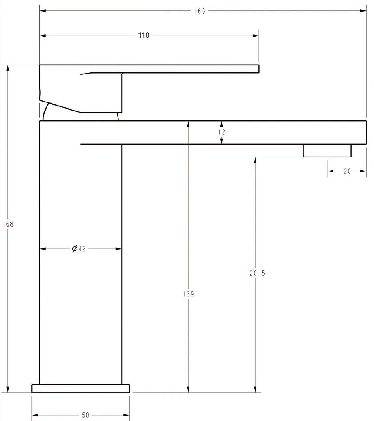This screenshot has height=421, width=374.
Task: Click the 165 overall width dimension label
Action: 199,11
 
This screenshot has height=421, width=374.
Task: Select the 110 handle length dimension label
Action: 144,36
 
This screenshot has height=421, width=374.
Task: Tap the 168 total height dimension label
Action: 8,224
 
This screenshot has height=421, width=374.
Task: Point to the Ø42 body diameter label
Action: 79,249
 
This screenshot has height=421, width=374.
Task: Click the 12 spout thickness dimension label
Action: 222,132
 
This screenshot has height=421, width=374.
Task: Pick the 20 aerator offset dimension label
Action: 347,171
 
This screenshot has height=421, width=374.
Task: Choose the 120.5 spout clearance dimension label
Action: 256,273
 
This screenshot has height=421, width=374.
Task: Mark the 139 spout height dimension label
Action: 188,294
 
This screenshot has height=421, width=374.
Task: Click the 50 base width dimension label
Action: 85,415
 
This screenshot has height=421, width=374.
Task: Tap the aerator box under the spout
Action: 327,151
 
